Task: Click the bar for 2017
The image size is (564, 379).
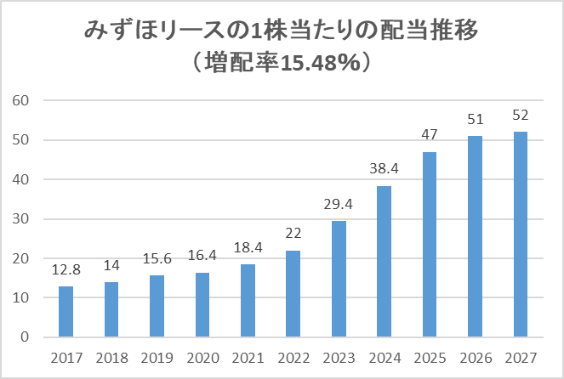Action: (66, 312)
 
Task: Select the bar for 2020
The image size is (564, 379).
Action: (202, 304)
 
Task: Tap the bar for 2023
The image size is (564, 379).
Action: (339, 279)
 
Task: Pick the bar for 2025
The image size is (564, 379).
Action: (430, 244)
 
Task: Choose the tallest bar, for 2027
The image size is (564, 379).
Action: (521, 235)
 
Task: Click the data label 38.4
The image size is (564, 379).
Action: (385, 168)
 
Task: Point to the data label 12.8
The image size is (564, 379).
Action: (66, 269)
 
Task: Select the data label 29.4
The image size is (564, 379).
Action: (339, 204)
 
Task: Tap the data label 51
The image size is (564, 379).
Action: (476, 119)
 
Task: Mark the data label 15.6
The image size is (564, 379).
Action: (157, 258)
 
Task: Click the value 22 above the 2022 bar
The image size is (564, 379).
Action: (293, 234)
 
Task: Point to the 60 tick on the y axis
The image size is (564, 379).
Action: (20, 100)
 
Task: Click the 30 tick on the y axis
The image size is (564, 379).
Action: (20, 218)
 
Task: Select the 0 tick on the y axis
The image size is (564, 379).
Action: (25, 337)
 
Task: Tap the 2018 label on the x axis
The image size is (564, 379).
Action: (112, 358)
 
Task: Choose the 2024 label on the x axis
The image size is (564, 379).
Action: (385, 358)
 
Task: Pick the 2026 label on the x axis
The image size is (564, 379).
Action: (476, 358)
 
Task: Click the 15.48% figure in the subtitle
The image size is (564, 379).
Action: (320, 64)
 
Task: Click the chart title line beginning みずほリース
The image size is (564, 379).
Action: (282, 30)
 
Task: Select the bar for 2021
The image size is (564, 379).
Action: (248, 301)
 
